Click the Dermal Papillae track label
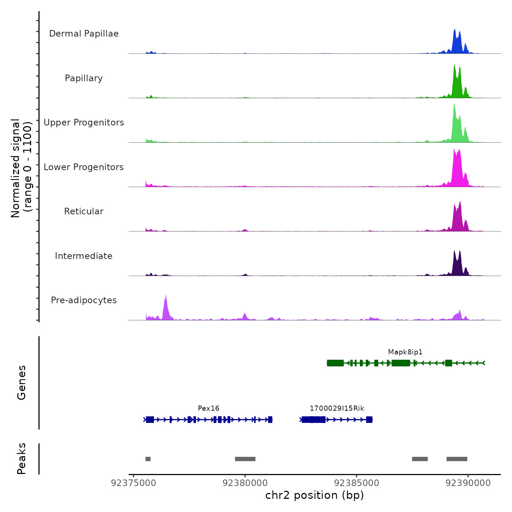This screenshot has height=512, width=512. pyautogui.click(x=84, y=34)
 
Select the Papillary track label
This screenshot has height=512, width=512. pyautogui.click(x=84, y=78)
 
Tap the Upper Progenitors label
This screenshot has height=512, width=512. pyautogui.click(x=84, y=123)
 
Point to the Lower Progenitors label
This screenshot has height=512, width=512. pyautogui.click(x=84, y=167)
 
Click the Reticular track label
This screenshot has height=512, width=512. pyautogui.click(x=84, y=211)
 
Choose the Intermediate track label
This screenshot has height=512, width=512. pyautogui.click(x=84, y=256)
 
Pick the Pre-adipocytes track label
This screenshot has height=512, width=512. pyautogui.click(x=84, y=300)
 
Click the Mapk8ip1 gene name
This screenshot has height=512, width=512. pyautogui.click(x=405, y=352)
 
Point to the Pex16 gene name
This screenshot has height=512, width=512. pyautogui.click(x=208, y=409)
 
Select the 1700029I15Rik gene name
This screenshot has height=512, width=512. pyautogui.click(x=337, y=409)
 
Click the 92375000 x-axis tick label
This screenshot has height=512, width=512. pyautogui.click(x=133, y=483)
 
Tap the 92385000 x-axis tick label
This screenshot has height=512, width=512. pyautogui.click(x=357, y=483)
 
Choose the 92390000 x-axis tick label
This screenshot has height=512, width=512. pyautogui.click(x=468, y=483)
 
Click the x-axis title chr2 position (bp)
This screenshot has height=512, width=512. pyautogui.click(x=315, y=496)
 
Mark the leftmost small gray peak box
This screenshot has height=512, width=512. pyautogui.click(x=148, y=459)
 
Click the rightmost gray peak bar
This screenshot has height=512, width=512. pyautogui.click(x=457, y=459)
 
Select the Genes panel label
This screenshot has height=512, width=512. pyautogui.click(x=22, y=383)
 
